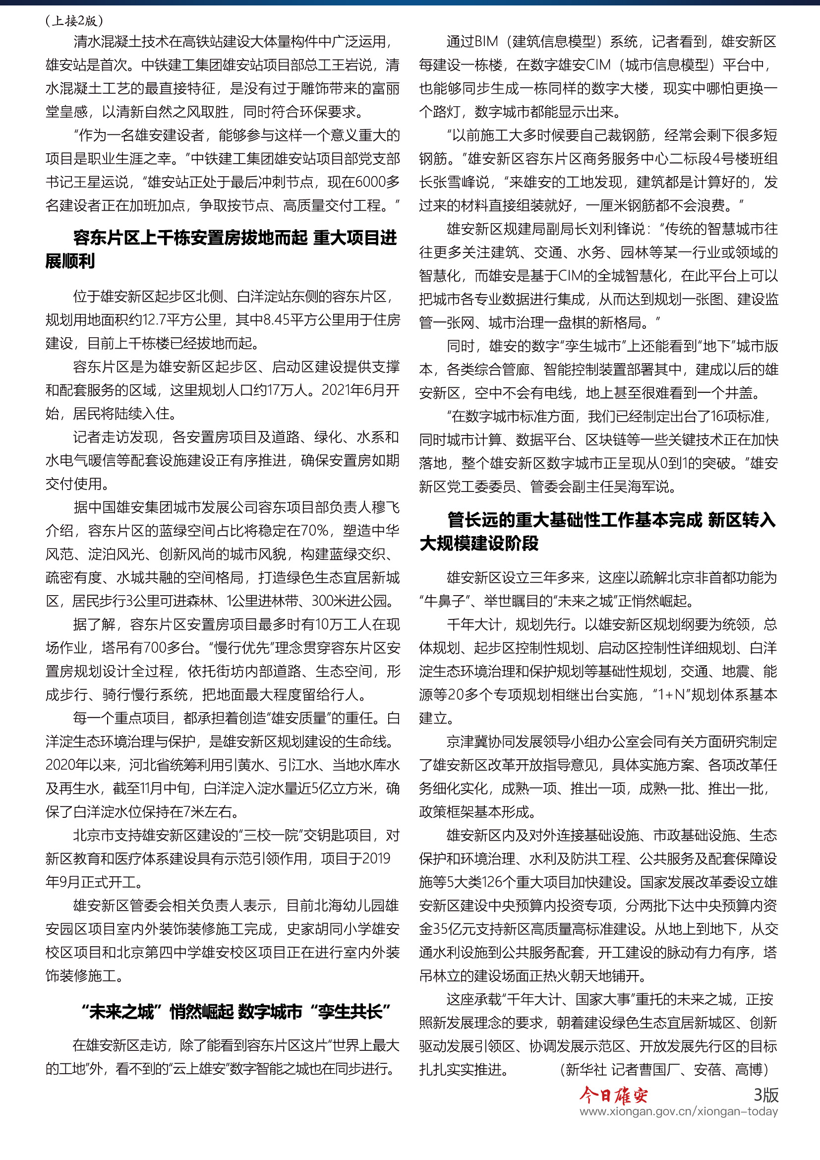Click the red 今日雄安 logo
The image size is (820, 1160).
coord(613,1096)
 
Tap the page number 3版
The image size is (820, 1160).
coord(765,1095)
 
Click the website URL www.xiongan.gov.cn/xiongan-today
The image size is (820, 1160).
coord(678,1111)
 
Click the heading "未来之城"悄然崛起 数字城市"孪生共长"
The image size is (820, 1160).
coord(236,1012)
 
